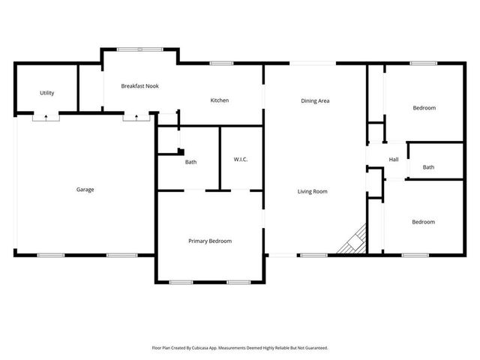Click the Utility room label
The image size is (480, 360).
pos(46,93)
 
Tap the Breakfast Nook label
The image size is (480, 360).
pos(139,86)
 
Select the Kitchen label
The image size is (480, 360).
pos(219,100)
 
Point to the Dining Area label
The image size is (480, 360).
pos(315,100)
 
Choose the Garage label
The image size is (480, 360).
pos(85,190)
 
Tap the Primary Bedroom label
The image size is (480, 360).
pos(209,241)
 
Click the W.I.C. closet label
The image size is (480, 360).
pos(241,160)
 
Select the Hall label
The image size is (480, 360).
pos(393,159)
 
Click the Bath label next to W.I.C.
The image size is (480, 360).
pos(190,162)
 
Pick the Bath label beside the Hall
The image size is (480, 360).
pos(428,167)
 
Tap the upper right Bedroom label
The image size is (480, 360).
pos(424,108)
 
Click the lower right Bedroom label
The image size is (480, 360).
pos(424,222)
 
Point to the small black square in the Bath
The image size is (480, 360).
pos(180,151)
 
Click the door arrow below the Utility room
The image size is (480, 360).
pos(46,117)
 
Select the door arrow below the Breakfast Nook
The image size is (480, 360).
pos(136,117)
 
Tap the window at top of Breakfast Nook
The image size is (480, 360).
pos(139,49)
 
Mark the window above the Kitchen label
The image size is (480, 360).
pos(220,63)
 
